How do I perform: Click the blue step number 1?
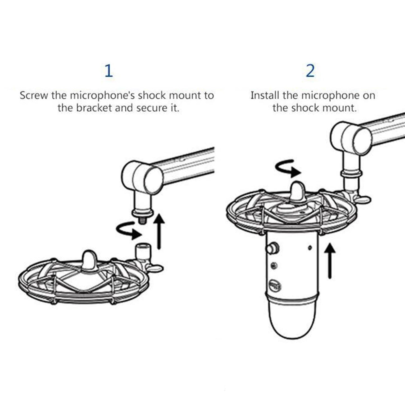pos(108,71)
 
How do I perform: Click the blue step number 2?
pos(310,71)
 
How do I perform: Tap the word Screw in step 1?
pos(34,96)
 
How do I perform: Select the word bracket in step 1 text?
pos(94,108)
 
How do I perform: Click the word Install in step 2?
pos(265,95)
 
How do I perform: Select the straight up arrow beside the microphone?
pos(331,261)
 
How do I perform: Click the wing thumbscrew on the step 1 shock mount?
pos(155,268)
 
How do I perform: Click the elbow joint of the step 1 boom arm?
pos(142,174)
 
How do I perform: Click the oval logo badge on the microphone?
pos(275,286)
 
